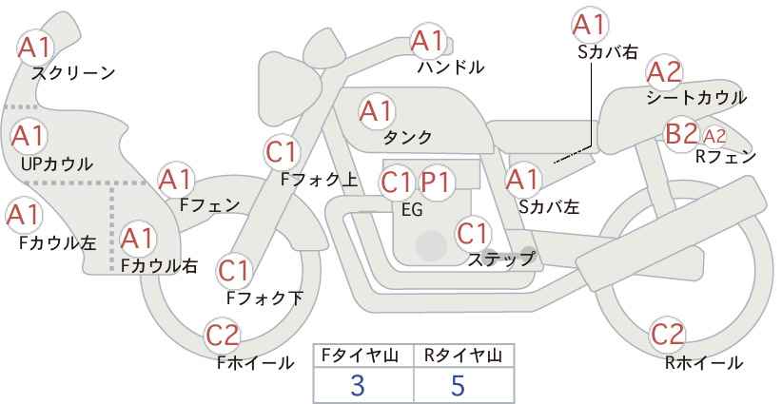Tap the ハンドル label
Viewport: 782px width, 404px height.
click(451, 67)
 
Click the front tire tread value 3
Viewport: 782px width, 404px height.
click(358, 385)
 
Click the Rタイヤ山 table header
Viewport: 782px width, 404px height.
click(463, 356)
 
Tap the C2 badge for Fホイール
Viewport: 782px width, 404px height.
click(224, 336)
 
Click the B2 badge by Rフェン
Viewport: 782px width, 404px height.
click(681, 134)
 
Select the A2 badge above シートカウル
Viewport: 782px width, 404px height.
click(664, 71)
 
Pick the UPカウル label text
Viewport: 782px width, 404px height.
click(56, 164)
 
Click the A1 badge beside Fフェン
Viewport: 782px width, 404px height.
click(176, 178)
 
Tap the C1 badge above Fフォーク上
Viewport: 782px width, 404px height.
click(283, 150)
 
